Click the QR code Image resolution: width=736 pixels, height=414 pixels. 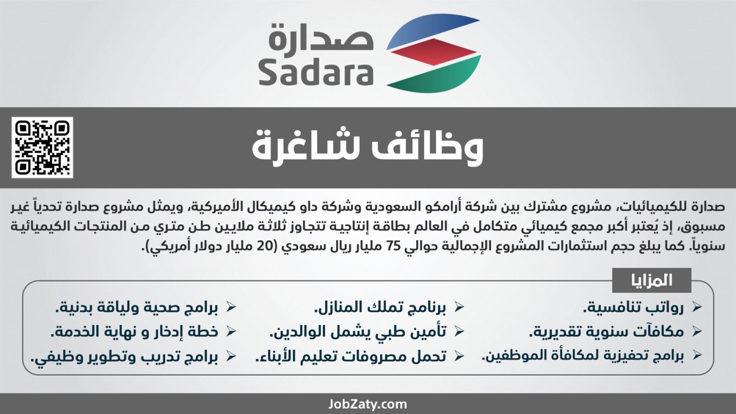(42, 147)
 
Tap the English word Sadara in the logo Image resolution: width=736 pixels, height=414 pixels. (316, 73)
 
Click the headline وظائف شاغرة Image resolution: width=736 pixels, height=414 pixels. (368, 147)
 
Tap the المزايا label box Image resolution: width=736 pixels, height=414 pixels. (651, 280)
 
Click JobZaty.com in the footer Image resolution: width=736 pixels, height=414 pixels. (368, 404)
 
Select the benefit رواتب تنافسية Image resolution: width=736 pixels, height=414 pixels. (633, 307)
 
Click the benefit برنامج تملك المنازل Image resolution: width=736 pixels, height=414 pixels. (380, 307)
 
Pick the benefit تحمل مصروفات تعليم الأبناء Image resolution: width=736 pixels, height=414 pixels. (351, 356)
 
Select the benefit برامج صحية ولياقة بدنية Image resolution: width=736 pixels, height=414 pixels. (136, 307)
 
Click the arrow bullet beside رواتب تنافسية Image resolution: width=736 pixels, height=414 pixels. (696, 306)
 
